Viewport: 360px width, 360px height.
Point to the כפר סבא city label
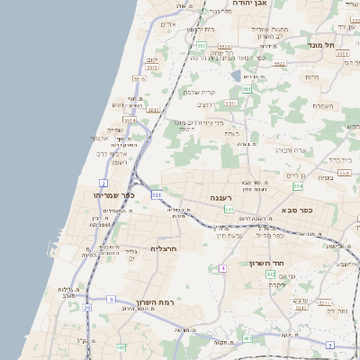coord(296,211)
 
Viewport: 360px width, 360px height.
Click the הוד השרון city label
coord(266,264)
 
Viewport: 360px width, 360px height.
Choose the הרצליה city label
coord(164,247)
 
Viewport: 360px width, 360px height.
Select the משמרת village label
coord(323,106)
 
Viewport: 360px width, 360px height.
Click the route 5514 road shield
coord(130,119)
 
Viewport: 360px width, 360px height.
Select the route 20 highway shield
coord(86,308)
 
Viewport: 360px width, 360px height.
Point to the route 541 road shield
coord(229,209)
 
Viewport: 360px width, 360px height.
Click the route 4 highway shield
coord(222,268)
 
